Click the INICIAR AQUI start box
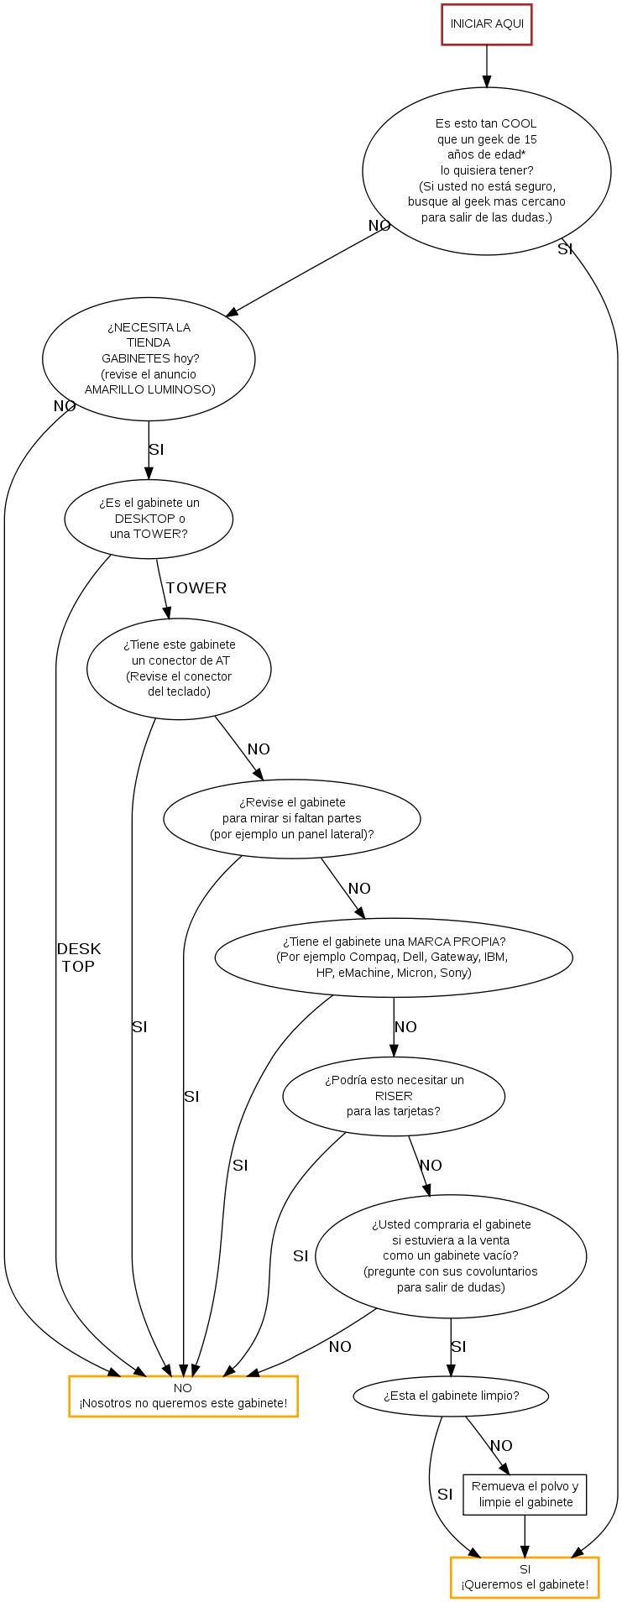pyautogui.click(x=487, y=24)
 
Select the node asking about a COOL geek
pyautogui.click(x=487, y=171)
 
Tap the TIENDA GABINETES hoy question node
pyautogui.click(x=149, y=358)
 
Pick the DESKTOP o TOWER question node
pyautogui.click(x=149, y=519)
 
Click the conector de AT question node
pyautogui.click(x=179, y=669)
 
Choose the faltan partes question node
pyautogui.click(x=291, y=818)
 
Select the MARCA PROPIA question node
pyautogui.click(x=394, y=958)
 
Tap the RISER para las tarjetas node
pyautogui.click(x=394, y=1096)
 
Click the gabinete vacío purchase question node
pyautogui.click(x=451, y=1256)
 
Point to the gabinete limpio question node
pyautogui.click(x=451, y=1396)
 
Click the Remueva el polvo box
pyautogui.click(x=525, y=1495)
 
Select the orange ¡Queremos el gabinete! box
pyautogui.click(x=525, y=1578)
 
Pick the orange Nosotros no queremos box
pyautogui.click(x=183, y=1396)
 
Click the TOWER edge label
pyautogui.click(x=196, y=588)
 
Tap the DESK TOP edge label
pyautogui.click(x=79, y=958)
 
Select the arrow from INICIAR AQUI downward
pyautogui.click(x=487, y=66)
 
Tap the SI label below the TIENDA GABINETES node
pyautogui.click(x=156, y=450)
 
